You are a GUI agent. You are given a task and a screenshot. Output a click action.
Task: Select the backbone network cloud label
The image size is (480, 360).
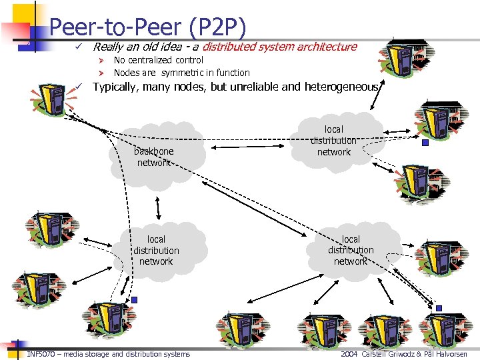tap(154, 157)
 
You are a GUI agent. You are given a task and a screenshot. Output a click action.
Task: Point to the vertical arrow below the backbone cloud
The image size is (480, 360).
tap(158, 208)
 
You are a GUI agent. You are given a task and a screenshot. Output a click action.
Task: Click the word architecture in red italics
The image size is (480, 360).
tap(327, 47)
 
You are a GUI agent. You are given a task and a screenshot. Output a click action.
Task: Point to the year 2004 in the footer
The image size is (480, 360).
tap(349, 354)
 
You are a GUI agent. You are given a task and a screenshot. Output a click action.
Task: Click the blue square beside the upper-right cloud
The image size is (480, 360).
tap(425, 142)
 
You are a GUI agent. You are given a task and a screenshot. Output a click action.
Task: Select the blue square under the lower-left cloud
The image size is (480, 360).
tap(134, 300)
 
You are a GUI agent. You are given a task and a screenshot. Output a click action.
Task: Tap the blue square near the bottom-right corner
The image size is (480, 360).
tap(439, 308)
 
